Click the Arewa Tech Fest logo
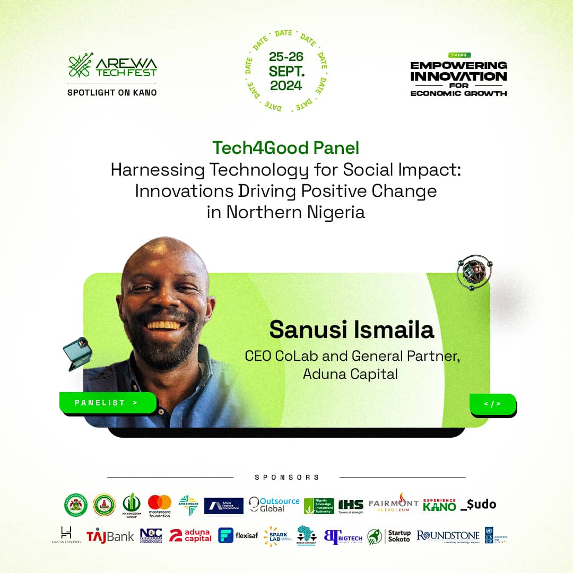click(x=112, y=66)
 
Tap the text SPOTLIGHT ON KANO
click(x=112, y=92)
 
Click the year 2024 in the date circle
click(x=286, y=85)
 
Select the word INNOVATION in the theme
click(x=459, y=76)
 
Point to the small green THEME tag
click(x=459, y=55)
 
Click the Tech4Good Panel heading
click(x=286, y=148)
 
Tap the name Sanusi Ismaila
click(x=351, y=329)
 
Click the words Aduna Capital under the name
click(x=350, y=374)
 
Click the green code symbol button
click(x=492, y=404)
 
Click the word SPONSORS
click(x=286, y=477)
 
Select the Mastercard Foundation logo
click(x=160, y=506)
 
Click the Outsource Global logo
click(x=274, y=505)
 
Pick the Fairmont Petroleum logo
click(x=394, y=504)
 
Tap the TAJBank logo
click(x=110, y=536)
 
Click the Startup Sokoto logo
click(x=389, y=536)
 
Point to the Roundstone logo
click(x=448, y=536)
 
